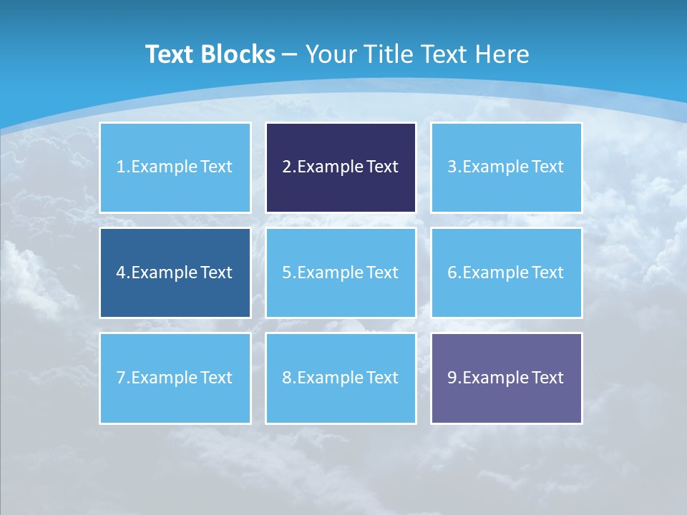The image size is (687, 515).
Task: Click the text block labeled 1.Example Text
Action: tap(175, 167)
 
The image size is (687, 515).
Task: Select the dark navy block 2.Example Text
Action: tap(341, 167)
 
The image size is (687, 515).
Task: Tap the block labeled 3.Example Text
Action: tap(506, 167)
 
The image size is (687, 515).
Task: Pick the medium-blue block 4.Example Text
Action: tap(175, 273)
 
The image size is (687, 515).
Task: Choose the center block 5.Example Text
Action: tap(341, 273)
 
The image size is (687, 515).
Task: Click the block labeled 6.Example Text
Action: tap(506, 273)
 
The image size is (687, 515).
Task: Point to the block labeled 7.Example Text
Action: tap(175, 378)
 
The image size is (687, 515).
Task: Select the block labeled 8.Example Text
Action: tap(341, 378)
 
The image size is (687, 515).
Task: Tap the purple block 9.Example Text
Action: tap(506, 378)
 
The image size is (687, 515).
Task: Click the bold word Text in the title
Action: tap(170, 54)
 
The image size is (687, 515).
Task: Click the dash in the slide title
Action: tap(290, 54)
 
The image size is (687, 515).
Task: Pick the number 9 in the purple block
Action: tap(452, 378)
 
